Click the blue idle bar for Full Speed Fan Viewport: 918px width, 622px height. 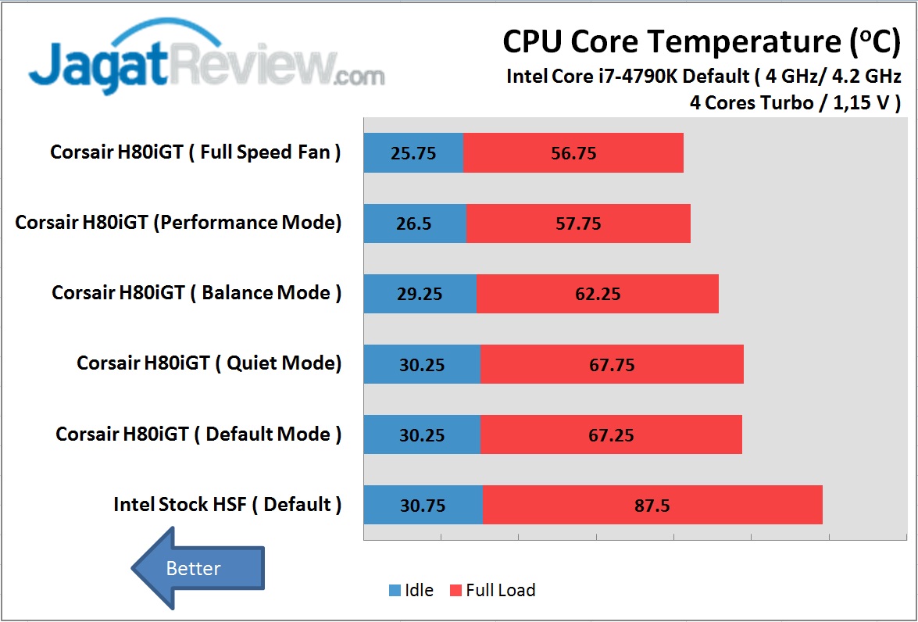pos(413,152)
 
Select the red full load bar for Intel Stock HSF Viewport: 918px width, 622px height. pos(652,505)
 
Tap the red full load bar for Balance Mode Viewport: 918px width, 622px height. pos(597,294)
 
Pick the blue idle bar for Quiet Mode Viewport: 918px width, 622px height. pos(422,364)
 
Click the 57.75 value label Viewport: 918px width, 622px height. pos(578,223)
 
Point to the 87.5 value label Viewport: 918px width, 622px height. pos(652,506)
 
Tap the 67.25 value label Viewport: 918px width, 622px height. pos(611,435)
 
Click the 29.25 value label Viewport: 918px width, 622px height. pos(420,294)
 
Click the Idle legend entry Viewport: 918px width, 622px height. pos(411,591)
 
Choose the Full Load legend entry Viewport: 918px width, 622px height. pos(492,591)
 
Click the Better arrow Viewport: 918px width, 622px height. pos(197,568)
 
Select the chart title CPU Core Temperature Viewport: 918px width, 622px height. pos(701,41)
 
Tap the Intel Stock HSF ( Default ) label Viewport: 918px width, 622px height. pos(227,505)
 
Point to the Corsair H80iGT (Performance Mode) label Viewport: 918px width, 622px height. pos(179,223)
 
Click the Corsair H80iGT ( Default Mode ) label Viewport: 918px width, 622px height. pos(198,434)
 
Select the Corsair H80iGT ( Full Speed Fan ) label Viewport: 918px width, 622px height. pos(195,152)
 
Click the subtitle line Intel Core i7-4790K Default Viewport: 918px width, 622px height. pos(704,77)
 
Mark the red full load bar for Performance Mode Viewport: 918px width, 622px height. pos(578,223)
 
